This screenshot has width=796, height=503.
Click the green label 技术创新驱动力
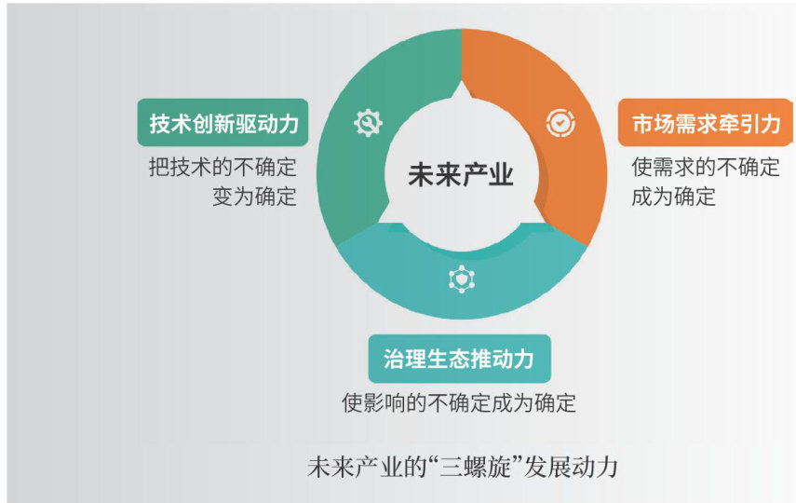[x=223, y=122]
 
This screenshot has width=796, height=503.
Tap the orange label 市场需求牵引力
[x=706, y=122]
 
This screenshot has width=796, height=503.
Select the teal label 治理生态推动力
[x=459, y=359]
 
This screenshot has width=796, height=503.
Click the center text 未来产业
[x=461, y=175]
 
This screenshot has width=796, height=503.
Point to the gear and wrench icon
[x=368, y=122]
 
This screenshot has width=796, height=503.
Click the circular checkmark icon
[x=560, y=122]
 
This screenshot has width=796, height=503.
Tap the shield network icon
[x=462, y=279]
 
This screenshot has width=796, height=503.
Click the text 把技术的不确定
[x=223, y=167]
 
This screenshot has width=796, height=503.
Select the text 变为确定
[x=254, y=197]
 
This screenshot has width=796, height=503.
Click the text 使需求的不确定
[x=706, y=167]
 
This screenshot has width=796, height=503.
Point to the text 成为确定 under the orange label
[x=674, y=197]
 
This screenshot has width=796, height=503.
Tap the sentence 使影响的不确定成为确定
[x=459, y=403]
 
